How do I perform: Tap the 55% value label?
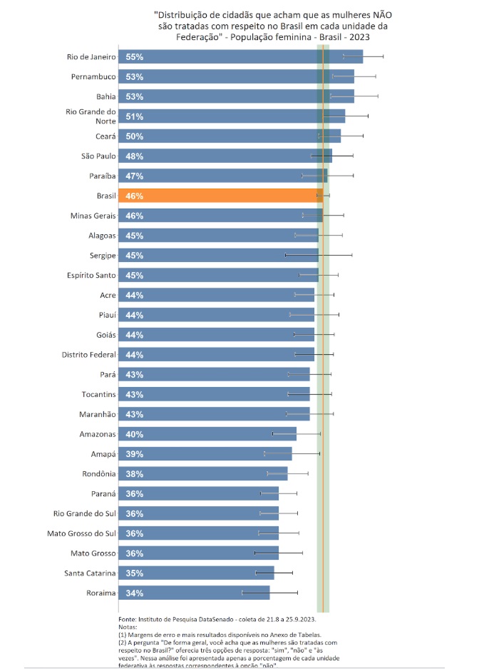tap(135, 56)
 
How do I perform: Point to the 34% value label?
tap(135, 593)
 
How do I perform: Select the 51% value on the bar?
tap(135, 116)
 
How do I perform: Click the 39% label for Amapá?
tap(135, 453)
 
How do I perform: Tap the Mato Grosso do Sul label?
tap(84, 533)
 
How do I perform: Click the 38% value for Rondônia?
tap(135, 473)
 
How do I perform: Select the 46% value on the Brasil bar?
tap(135, 196)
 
